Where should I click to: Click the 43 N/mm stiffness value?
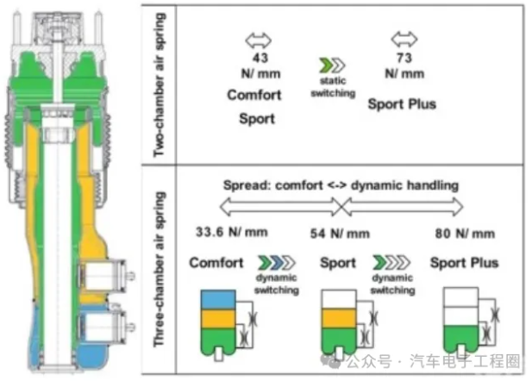point(260,66)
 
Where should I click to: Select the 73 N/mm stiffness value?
point(404,66)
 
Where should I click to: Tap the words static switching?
point(333,87)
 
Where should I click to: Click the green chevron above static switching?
point(326,66)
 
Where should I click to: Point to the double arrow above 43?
point(259,41)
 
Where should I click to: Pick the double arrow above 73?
point(404,39)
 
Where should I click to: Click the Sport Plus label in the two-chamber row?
point(402,104)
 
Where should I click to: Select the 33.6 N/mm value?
point(232,232)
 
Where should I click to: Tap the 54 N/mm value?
point(340,234)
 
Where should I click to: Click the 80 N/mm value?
point(465,234)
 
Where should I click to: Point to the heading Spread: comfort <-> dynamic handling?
point(341,185)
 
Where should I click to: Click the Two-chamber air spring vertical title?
point(160,84)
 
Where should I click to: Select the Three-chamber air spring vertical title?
point(160,269)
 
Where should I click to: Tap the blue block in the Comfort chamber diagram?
point(218,300)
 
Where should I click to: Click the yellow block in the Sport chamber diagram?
point(339,318)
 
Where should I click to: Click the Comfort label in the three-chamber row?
point(216,263)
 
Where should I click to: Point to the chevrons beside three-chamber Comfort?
point(277,263)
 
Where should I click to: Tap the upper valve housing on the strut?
point(104,276)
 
